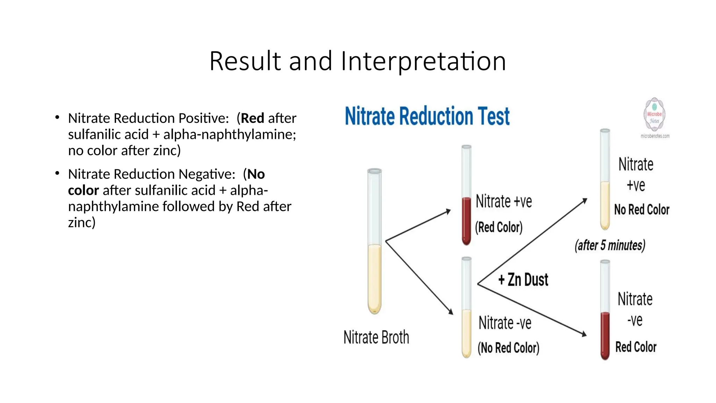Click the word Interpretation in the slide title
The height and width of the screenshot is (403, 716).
coord(423,62)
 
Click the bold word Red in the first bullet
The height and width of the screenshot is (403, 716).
coord(252,118)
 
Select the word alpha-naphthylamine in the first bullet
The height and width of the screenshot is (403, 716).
coord(229,134)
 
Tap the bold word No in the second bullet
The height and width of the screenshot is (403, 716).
coord(256,174)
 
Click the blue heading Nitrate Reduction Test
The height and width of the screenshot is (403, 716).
coord(427,116)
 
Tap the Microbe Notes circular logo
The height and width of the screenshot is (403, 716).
coord(654,115)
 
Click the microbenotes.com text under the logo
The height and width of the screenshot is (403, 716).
coord(655,136)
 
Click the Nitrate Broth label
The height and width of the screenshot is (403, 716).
coord(376,337)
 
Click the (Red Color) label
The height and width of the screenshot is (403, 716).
coord(499,227)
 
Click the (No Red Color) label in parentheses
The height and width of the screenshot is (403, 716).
coord(508,348)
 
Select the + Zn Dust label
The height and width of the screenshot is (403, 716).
coord(523,280)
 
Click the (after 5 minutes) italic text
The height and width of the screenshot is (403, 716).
coord(610,245)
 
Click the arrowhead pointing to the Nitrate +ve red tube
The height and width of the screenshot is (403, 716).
coord(448,211)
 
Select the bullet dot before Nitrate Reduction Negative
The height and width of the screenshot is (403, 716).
coord(57,174)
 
